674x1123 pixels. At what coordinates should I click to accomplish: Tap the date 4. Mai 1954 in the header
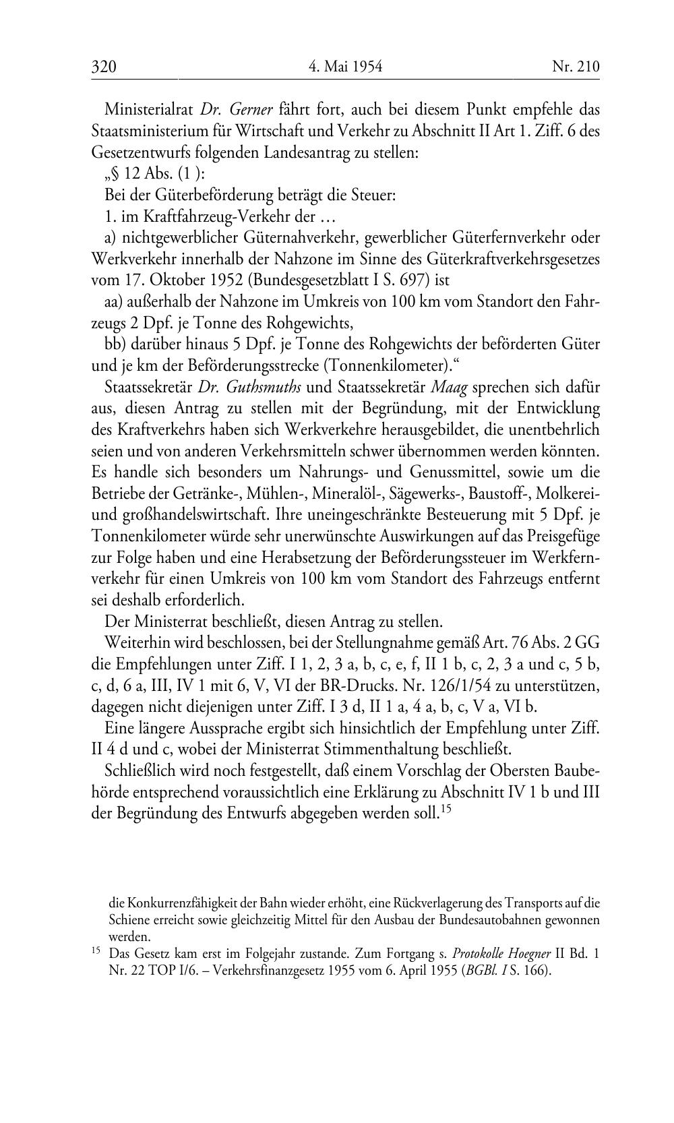[x=345, y=67]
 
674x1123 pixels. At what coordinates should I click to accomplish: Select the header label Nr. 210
[x=575, y=67]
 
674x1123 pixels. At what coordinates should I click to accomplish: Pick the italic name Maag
[x=449, y=387]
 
